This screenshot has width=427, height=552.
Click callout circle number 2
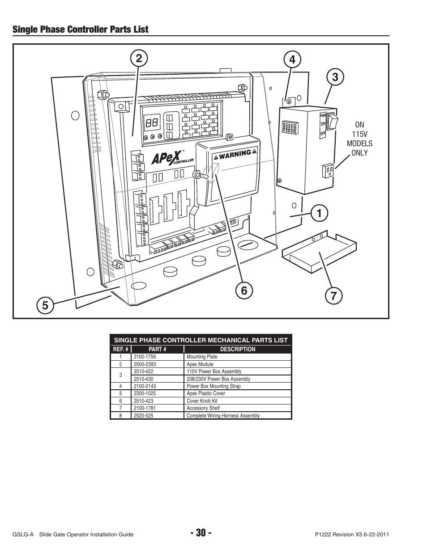tap(139, 59)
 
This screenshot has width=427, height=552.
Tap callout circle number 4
tap(292, 59)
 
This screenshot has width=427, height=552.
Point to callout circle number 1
tap(319, 213)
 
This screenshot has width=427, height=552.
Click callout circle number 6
tap(244, 291)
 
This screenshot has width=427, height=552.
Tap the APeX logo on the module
tap(166, 158)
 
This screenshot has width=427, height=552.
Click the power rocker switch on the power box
tap(332, 119)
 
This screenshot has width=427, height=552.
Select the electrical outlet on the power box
tap(327, 170)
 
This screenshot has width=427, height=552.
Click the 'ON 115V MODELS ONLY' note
tap(359, 139)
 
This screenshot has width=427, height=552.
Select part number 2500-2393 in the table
tap(145, 364)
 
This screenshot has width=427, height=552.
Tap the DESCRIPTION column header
tap(238, 350)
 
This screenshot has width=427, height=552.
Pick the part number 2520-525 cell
tap(144, 416)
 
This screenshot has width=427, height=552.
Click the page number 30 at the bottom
tap(200, 533)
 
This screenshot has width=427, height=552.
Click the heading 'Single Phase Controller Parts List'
tap(81, 29)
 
